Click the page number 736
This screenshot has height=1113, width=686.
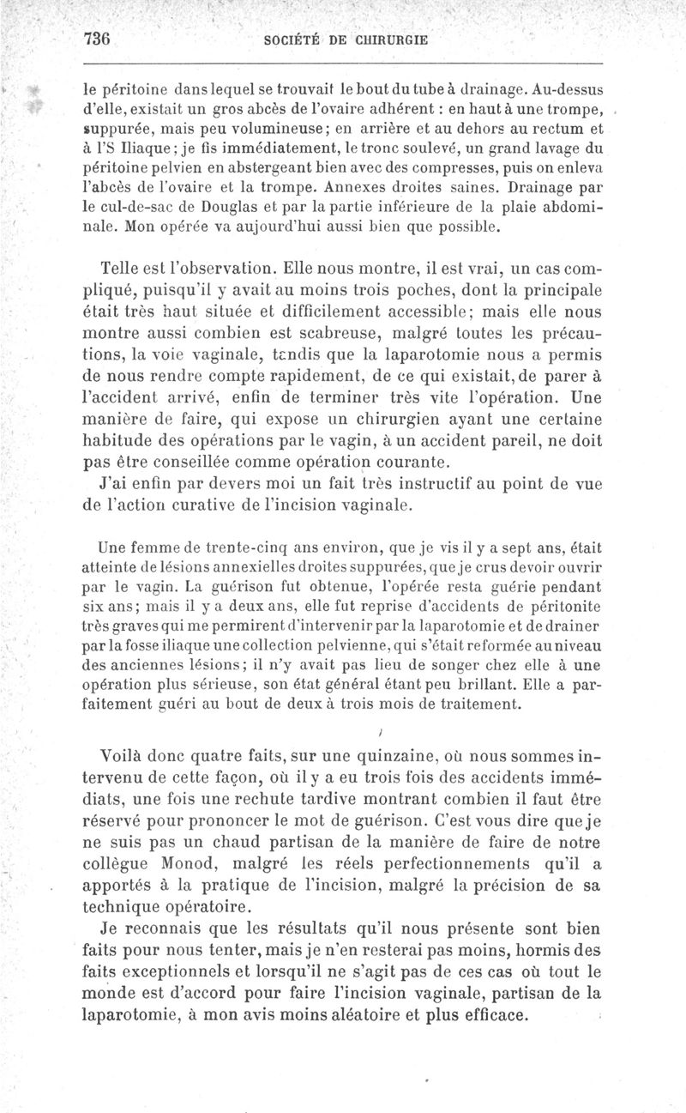coord(100,39)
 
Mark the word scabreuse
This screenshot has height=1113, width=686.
coord(381,330)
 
